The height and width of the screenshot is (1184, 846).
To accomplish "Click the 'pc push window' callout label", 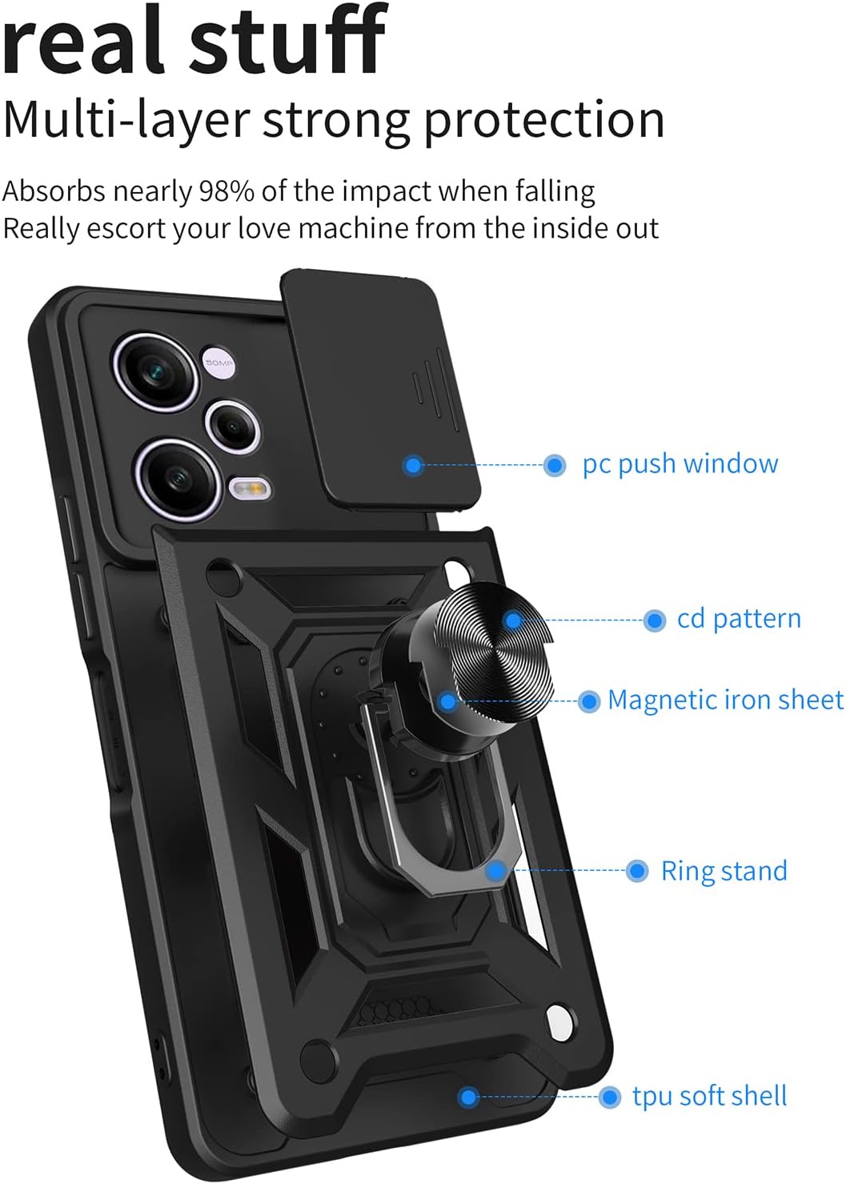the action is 680,464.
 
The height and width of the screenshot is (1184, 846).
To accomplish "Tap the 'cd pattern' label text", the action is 739,620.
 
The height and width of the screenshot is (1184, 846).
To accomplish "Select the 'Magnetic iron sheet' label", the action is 725,700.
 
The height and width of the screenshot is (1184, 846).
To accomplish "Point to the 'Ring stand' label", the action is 724,870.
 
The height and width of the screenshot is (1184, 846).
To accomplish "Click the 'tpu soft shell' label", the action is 710,1096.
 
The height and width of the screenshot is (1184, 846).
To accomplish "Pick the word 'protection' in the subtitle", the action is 543,122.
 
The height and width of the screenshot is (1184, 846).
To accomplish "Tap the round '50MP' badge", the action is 218,363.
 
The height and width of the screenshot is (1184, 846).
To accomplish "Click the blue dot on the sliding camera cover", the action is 414,465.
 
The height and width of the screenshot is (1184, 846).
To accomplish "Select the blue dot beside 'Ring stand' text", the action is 637,870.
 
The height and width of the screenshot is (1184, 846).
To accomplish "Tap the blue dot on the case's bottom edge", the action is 467,1098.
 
